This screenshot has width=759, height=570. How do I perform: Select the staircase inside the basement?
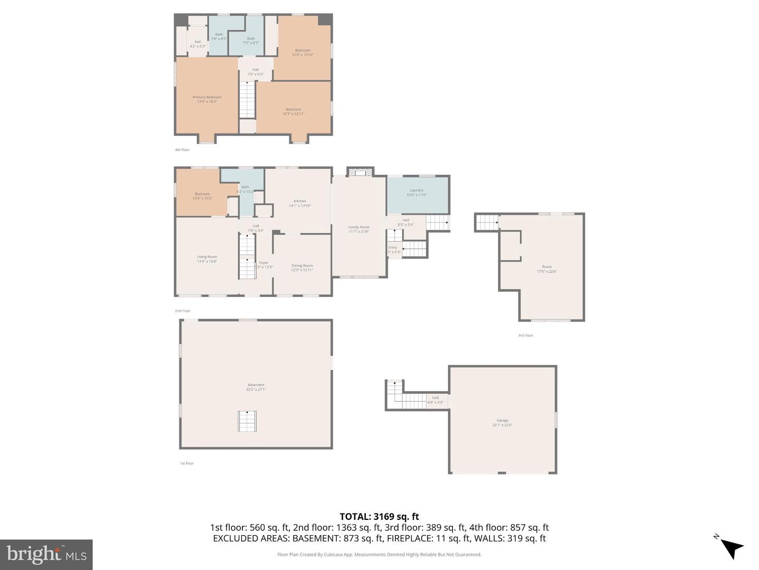coord(247,421)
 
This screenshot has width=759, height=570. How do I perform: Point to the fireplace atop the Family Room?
coord(360,172)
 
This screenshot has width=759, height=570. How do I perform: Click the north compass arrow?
coord(731,547)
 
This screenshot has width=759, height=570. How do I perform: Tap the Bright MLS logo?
coord(46,554)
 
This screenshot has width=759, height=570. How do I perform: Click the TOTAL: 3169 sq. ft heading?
coord(379,517)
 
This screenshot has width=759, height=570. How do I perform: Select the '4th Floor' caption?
coord(182,150)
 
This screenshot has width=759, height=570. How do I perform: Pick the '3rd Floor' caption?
coord(526,335)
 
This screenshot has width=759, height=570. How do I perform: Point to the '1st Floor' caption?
coord(187,463)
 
